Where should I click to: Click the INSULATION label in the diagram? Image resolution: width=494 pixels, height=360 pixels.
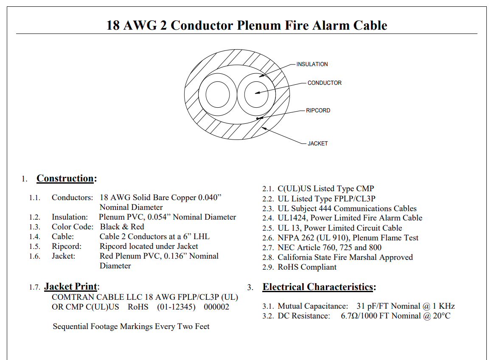312,64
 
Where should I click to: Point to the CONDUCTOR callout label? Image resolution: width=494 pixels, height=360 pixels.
325,83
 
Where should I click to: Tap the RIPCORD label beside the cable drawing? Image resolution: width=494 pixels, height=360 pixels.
318,110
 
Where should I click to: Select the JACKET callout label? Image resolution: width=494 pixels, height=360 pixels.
317,143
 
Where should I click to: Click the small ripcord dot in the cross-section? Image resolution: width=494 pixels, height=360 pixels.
257,118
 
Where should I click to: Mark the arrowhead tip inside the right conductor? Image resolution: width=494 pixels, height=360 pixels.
255,93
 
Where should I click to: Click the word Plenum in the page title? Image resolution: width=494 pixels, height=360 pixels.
258,25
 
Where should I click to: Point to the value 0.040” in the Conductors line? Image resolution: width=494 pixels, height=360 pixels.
210,197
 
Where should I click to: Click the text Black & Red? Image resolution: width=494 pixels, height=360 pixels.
122,226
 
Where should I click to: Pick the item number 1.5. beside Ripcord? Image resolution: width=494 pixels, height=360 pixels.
35,246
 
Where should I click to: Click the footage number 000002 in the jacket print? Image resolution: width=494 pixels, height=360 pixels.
216,307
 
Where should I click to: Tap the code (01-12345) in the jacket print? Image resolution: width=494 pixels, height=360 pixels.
176,307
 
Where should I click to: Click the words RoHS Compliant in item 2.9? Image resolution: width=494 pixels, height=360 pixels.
307,267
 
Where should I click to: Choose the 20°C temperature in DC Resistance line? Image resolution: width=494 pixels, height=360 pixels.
442,315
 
